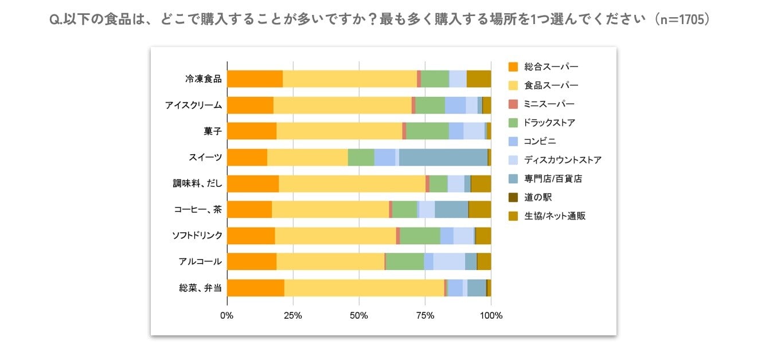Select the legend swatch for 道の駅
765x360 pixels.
513,198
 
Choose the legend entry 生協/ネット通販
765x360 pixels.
555,216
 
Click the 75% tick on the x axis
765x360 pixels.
425,315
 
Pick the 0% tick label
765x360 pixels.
227,315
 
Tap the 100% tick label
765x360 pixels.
491,315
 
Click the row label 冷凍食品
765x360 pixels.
203,79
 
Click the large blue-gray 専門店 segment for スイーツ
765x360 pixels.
443,158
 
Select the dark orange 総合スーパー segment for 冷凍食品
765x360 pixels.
255,79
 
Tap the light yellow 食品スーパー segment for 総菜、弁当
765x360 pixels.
364,288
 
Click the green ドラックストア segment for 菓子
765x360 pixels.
427,131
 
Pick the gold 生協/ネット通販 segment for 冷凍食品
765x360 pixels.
479,79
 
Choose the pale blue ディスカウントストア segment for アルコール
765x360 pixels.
448,262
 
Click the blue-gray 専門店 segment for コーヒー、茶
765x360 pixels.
451,210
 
